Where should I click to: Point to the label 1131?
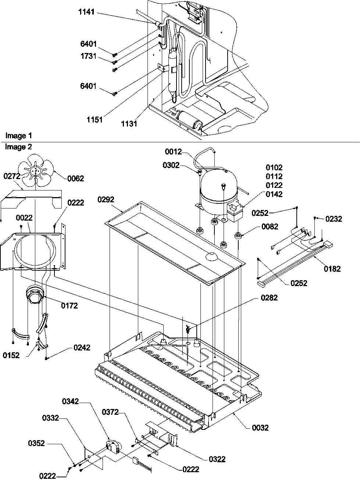(129, 124)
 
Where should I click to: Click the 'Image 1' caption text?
(16, 136)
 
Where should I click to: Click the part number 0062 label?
(75, 179)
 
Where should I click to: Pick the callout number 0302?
(171, 165)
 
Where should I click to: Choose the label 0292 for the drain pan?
(106, 200)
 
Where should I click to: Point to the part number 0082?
(270, 227)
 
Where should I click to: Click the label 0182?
(332, 269)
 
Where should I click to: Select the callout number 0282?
(269, 298)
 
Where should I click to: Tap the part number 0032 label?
(260, 428)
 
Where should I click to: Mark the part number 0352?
(36, 443)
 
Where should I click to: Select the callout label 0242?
(81, 348)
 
